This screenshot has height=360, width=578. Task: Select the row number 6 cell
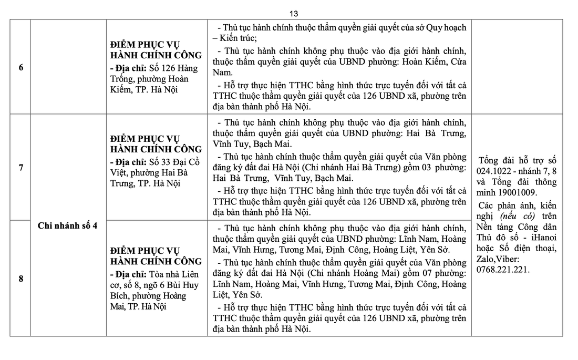(20, 67)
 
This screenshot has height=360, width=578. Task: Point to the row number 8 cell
(20, 279)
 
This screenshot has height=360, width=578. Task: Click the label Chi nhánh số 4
(68, 225)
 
